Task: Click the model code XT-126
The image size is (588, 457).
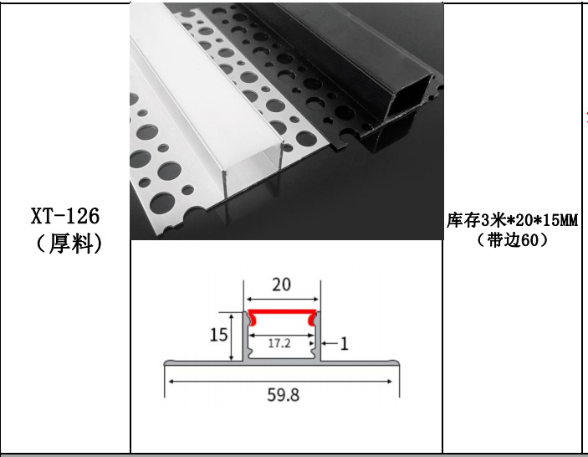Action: [65, 216]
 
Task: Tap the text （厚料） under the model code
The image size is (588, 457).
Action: [65, 244]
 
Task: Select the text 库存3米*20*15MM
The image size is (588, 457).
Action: [512, 222]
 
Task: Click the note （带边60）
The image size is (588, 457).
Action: [512, 240]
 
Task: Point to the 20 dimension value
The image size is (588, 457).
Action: [282, 285]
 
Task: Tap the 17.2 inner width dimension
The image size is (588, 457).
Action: [281, 343]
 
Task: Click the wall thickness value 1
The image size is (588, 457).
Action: [344, 342]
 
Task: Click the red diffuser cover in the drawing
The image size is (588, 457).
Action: [282, 315]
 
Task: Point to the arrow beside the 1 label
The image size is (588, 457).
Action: [328, 342]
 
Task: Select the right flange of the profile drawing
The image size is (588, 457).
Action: [360, 363]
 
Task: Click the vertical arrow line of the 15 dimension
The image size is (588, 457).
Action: [232, 336]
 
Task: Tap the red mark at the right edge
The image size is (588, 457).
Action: [585, 113]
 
